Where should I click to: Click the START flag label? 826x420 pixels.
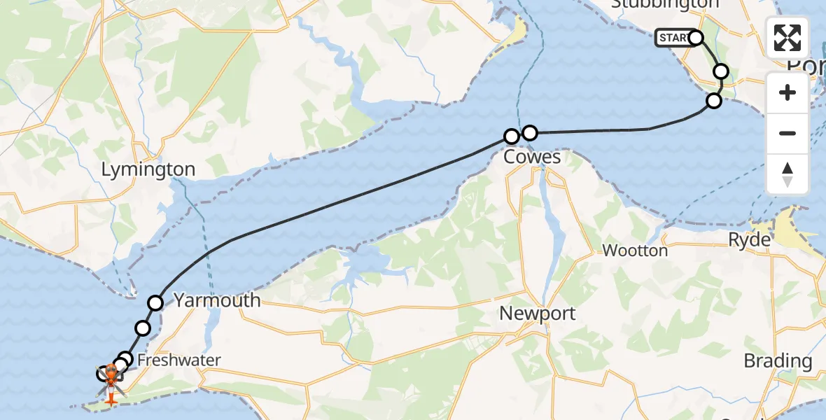click(673, 38)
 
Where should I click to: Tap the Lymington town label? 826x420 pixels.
click(148, 169)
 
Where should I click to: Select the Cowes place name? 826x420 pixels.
click(532, 156)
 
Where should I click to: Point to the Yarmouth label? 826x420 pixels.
click(217, 300)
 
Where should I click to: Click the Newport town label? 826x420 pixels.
click(538, 313)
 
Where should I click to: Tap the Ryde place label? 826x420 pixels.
click(749, 239)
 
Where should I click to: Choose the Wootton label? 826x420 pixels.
click(635, 250)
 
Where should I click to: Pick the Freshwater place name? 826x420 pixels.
click(178, 360)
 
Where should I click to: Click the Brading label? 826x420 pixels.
click(778, 361)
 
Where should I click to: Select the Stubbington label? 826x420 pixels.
click(665, 4)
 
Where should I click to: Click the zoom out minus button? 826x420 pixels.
click(787, 133)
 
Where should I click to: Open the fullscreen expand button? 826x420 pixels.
click(787, 38)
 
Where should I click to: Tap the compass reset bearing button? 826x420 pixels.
click(787, 174)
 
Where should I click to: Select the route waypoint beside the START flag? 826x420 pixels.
click(696, 37)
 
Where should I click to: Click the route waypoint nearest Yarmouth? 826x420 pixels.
click(155, 302)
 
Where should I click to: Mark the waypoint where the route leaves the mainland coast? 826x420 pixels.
click(713, 100)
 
